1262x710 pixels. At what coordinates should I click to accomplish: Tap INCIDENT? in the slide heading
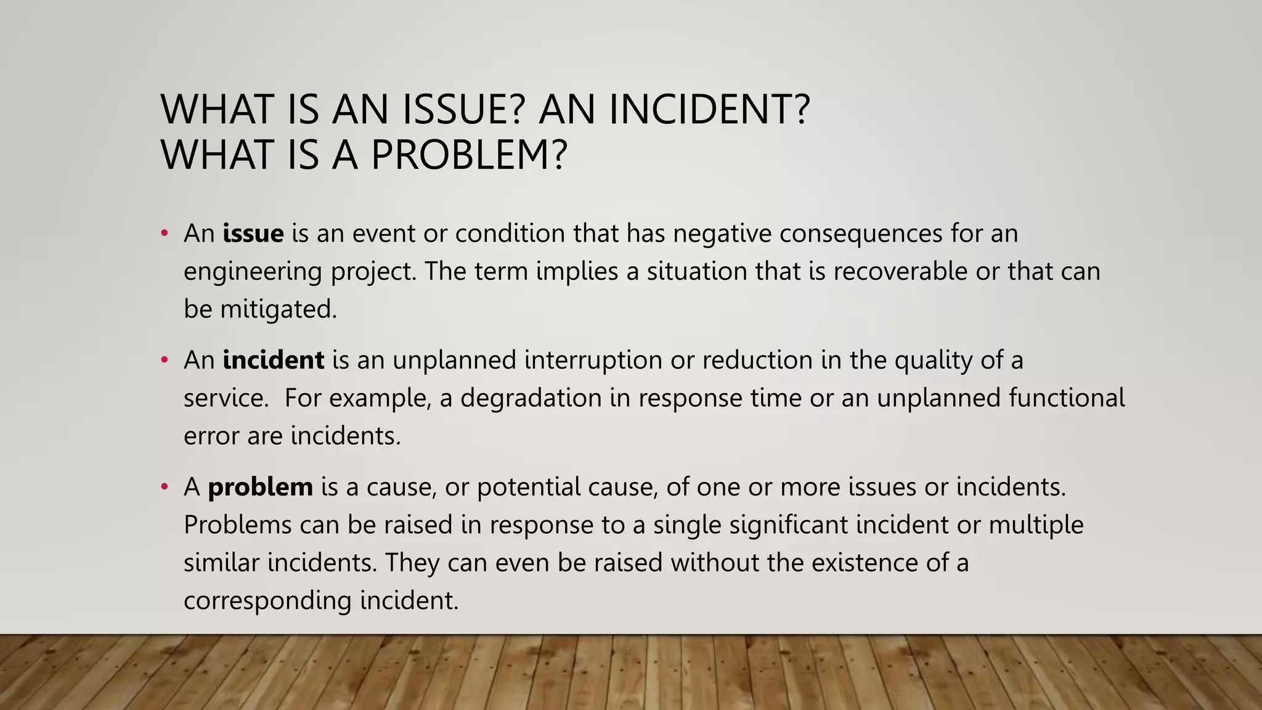(709, 109)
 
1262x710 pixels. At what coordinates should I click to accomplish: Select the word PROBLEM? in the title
(468, 155)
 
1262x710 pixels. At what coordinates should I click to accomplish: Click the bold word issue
(253, 234)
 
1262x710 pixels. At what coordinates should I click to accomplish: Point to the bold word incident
(273, 360)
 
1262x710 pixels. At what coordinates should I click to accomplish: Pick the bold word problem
(260, 487)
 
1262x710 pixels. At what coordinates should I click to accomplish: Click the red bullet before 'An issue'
(164, 234)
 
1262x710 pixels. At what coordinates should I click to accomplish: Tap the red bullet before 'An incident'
(164, 360)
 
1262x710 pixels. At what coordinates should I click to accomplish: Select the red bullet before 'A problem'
(164, 487)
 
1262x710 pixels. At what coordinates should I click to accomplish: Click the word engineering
(253, 272)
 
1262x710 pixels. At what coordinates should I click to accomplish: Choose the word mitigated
(279, 309)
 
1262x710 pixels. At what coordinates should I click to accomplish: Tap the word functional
(1067, 398)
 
